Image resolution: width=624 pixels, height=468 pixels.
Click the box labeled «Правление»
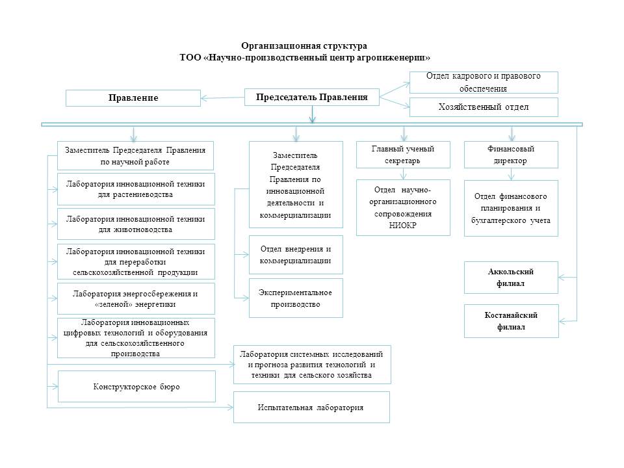coord(133,98)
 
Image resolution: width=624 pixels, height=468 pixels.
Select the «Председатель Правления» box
coord(311,97)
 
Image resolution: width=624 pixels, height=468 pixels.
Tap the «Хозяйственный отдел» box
coord(484,107)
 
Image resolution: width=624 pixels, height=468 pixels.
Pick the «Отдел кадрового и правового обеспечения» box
coord(484,83)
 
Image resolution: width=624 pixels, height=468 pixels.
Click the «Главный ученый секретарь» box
coord(403,155)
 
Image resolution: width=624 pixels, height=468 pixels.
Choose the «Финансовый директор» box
coord(511,155)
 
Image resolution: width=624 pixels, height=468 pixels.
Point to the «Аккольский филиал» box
coord(511,278)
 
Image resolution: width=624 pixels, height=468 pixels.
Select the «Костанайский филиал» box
coord(512,321)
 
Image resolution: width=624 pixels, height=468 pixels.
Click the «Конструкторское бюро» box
coord(136,386)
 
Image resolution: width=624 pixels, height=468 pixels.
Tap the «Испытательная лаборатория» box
coord(311,407)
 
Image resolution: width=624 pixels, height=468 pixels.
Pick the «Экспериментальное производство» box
coord(296,298)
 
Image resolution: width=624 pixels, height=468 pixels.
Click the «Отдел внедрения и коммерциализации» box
coord(296,255)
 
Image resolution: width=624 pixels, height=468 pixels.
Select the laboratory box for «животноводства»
coord(136,224)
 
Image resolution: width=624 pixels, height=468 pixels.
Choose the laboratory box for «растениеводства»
coord(136,189)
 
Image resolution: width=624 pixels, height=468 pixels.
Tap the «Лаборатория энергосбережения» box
coord(136,299)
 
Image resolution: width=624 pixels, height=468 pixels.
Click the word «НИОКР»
coord(402,226)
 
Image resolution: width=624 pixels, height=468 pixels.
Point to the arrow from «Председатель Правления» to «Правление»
coord(222,98)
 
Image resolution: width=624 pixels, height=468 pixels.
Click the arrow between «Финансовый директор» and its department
coord(512,174)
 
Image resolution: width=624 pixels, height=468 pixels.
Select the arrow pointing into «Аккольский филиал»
coord(567,278)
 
